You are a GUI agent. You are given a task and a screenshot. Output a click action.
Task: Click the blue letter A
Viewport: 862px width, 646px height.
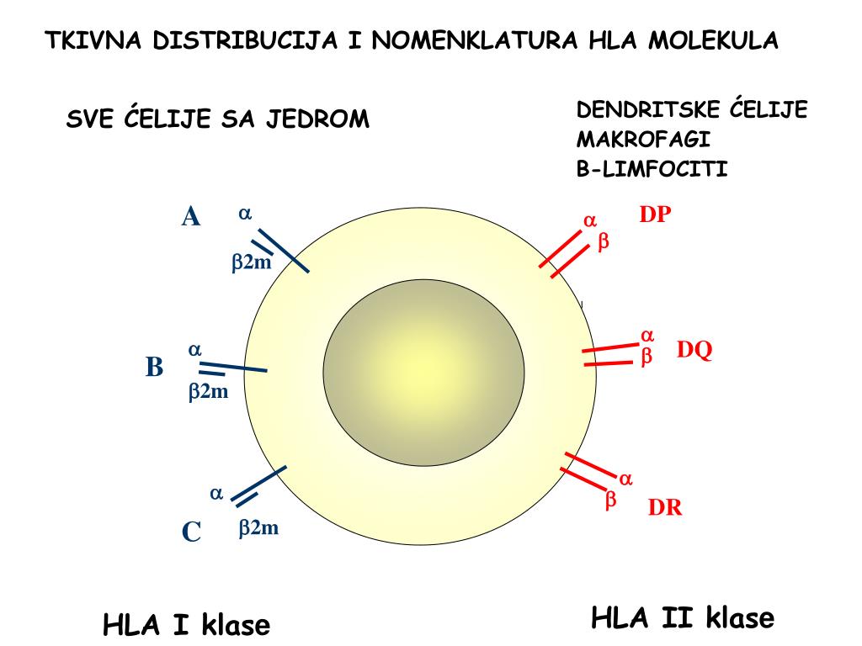click(x=191, y=217)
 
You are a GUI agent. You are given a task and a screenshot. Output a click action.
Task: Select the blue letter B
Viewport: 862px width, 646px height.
click(x=154, y=368)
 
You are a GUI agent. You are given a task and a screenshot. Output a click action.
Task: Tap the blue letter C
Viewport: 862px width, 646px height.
click(x=191, y=532)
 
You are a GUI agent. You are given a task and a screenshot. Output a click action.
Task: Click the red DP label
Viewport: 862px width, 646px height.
click(x=655, y=214)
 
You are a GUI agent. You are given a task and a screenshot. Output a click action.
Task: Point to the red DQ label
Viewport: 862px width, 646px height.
click(x=694, y=350)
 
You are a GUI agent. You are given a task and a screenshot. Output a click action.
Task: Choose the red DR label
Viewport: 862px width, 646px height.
click(x=665, y=508)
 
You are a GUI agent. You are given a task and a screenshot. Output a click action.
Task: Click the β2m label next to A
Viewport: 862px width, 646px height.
click(x=252, y=262)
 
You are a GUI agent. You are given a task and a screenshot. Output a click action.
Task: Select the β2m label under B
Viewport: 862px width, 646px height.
click(x=208, y=391)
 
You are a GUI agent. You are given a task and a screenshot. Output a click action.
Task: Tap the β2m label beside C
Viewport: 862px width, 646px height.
click(x=258, y=528)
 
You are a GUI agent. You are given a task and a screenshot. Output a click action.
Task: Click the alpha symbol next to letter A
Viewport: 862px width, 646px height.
click(x=245, y=214)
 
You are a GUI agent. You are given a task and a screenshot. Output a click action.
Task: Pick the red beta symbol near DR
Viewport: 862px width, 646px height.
click(x=611, y=500)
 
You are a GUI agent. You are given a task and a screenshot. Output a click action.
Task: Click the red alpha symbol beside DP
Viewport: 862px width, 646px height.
click(x=590, y=221)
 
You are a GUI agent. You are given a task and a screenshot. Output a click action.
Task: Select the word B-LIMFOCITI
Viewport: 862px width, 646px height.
click(x=652, y=169)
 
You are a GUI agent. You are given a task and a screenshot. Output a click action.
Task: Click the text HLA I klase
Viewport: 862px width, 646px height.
click(x=186, y=625)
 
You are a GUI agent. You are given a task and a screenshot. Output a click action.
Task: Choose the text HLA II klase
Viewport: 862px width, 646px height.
click(x=682, y=618)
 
